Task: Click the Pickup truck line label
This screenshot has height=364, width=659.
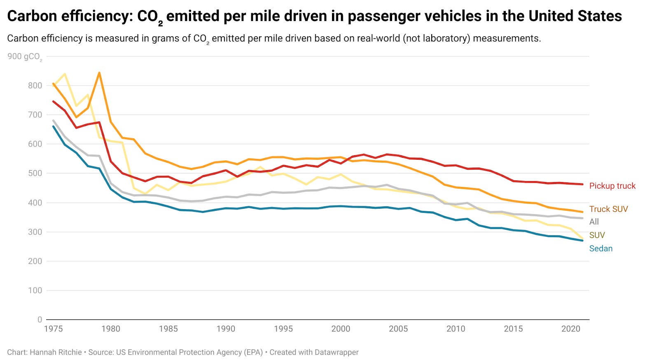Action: coord(612,186)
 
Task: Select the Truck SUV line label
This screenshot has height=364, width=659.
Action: coord(608,209)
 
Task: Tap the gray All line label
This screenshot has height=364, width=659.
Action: coord(594,222)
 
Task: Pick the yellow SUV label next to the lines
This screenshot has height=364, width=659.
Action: coord(597,235)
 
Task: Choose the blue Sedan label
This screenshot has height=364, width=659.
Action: coord(601,248)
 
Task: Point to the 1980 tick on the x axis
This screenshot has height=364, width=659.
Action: coord(111,329)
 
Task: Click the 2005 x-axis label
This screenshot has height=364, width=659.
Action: coord(398,329)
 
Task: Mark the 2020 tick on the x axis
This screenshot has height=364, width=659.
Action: coord(571,329)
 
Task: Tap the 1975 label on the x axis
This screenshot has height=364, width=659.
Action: coord(53,329)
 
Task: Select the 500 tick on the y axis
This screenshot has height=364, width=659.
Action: coord(35,173)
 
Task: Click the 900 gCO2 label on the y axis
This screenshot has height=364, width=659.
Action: coord(24,56)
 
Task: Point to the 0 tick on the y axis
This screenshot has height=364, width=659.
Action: coord(40,320)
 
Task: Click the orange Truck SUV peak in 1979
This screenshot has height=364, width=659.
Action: coord(99,73)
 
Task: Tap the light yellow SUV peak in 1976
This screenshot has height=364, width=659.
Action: coord(65,74)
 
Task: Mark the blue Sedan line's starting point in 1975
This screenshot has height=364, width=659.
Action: coord(53,126)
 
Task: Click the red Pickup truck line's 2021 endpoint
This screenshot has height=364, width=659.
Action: coord(582,184)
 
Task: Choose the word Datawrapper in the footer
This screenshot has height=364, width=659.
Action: coord(337,352)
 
